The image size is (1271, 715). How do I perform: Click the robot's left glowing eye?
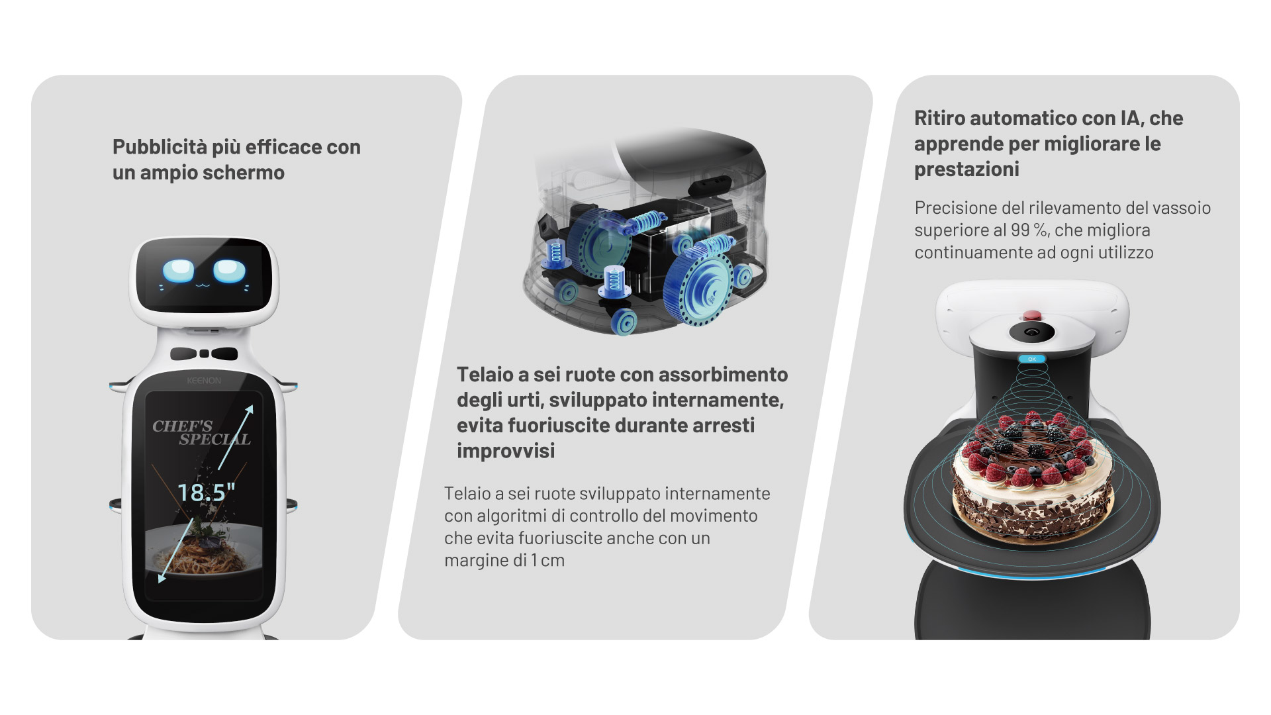point(179,271)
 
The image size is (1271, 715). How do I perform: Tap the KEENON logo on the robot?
point(204,381)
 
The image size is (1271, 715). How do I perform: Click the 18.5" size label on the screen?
point(206,492)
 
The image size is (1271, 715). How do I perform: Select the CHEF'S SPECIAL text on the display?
point(201,432)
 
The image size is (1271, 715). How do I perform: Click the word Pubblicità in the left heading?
point(160,147)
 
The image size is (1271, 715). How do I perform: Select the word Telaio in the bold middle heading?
point(485,375)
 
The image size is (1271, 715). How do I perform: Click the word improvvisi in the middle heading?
point(506,451)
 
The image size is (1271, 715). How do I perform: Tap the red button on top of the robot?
point(1031,314)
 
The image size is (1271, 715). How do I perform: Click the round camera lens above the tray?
point(1031,332)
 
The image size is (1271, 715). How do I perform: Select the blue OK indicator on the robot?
point(1031,359)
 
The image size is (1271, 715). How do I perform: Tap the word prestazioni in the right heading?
point(966,169)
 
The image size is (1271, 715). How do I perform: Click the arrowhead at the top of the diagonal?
point(249,410)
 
